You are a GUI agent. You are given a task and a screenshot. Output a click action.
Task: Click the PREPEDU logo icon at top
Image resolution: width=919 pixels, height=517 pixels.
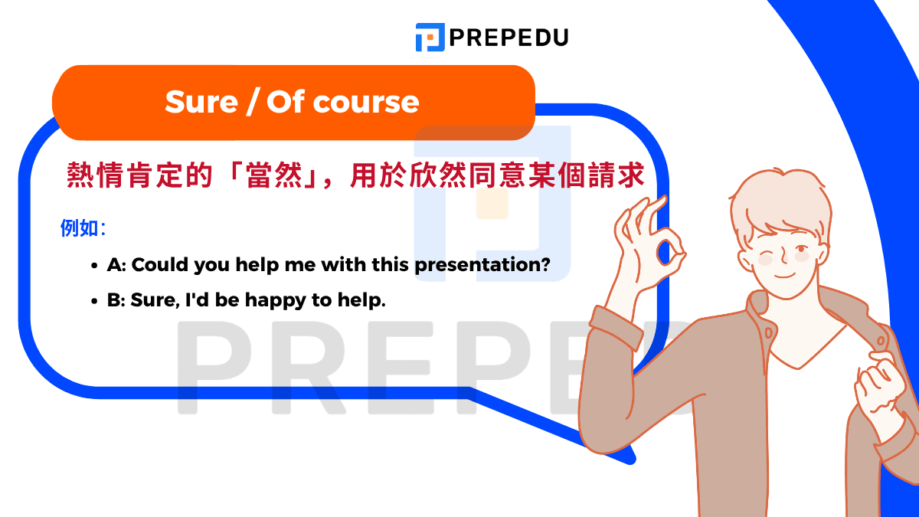pos(430,37)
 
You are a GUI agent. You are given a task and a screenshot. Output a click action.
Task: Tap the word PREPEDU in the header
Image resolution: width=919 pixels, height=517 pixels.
pos(509,37)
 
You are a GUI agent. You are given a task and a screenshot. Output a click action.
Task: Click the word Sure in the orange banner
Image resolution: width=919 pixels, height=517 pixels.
pos(201,102)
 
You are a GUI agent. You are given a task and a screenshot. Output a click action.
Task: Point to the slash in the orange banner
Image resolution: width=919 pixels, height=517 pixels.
pos(251,102)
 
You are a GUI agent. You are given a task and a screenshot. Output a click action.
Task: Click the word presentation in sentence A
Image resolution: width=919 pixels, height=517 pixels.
pos(482,265)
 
